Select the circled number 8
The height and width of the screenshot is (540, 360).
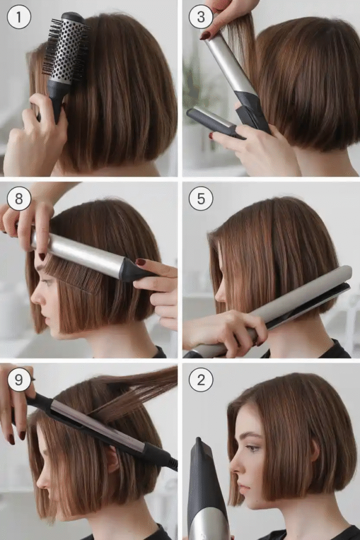[x=19, y=199]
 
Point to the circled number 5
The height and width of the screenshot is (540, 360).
[x=201, y=199]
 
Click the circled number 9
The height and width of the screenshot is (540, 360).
[x=19, y=380]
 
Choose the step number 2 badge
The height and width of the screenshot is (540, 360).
[x=201, y=380]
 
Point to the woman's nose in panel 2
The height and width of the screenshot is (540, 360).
[x=235, y=462]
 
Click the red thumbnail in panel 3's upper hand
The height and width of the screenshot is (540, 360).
[x=205, y=35]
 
